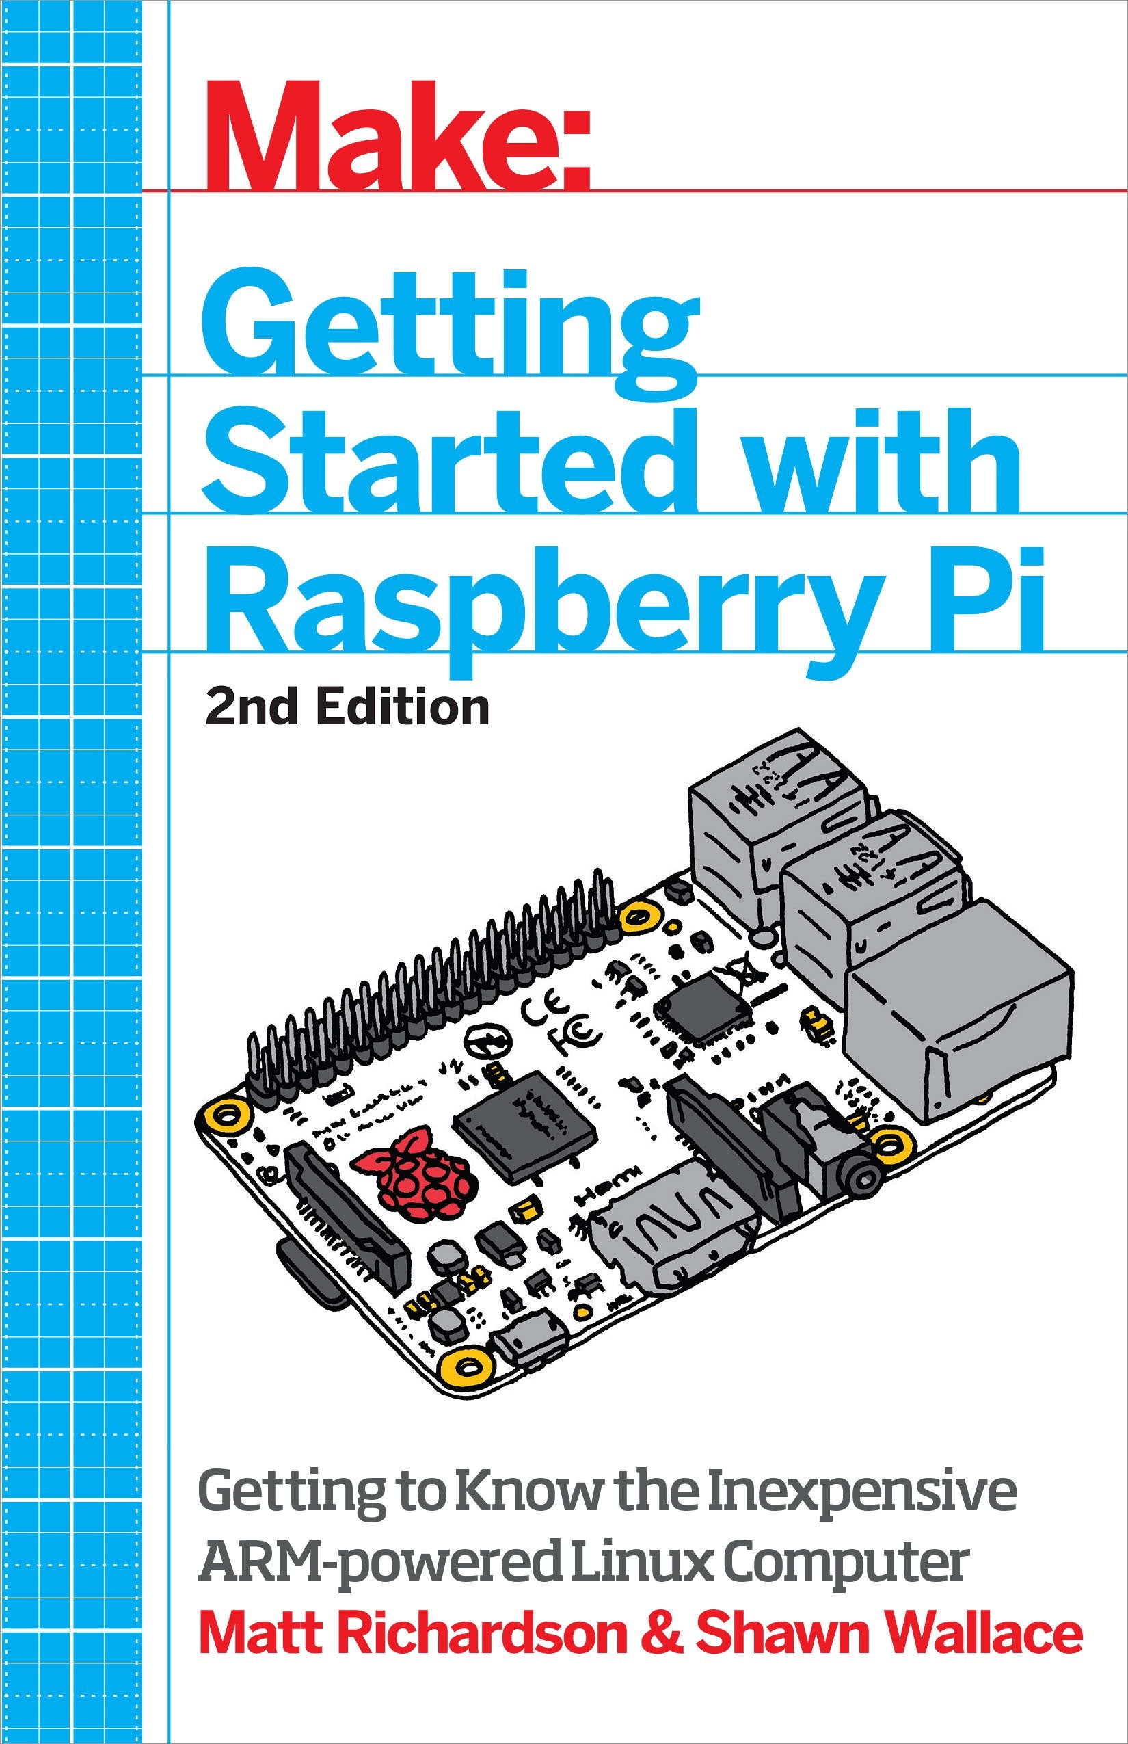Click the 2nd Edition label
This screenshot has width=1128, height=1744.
coord(347,708)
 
